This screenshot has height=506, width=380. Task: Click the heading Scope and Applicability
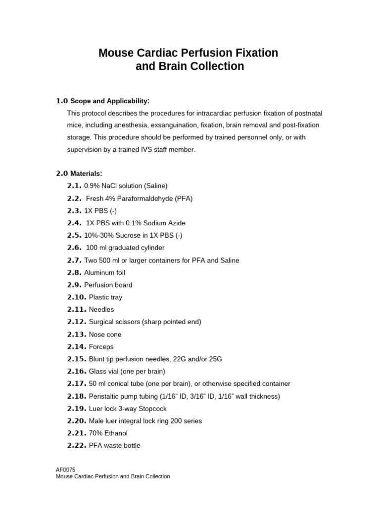pos(109,101)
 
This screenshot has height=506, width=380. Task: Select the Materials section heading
pos(86,173)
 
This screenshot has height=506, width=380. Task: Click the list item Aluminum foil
pos(104,272)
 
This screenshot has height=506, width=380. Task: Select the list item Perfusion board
pos(108,285)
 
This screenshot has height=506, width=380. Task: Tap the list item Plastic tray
pos(105,297)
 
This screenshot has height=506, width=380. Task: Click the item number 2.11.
pos(77,309)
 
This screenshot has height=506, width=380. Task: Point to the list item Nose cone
pos(105,334)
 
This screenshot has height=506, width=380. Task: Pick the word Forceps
pos(101,346)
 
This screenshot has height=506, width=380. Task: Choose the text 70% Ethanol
pos(108,433)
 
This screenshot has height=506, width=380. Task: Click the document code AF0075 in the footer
pos(66,469)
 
